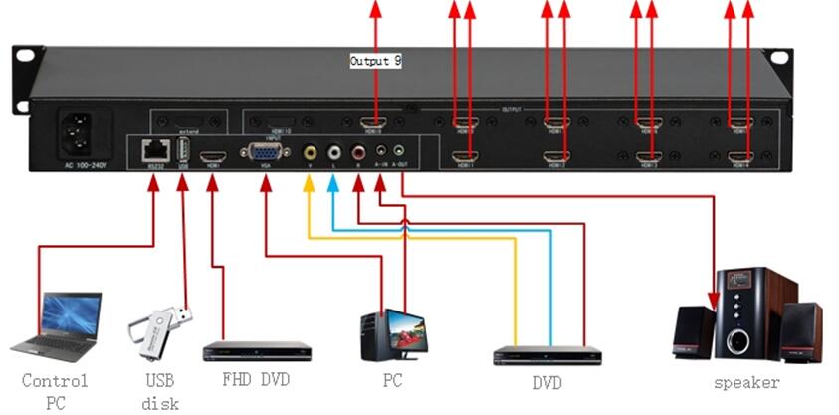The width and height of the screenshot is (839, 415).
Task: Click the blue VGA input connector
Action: [264, 153]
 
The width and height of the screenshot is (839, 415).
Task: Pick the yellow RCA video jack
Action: [310, 153]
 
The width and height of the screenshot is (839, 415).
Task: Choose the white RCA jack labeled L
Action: [333, 153]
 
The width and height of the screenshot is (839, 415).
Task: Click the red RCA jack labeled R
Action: [358, 153]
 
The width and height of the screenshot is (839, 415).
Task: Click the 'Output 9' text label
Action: [375, 62]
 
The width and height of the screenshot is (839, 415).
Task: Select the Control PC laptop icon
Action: [58, 326]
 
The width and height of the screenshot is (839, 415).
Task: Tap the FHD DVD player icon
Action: [257, 351]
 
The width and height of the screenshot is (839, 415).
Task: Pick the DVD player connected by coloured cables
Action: [548, 355]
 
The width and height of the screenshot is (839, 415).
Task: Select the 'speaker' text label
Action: [746, 383]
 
